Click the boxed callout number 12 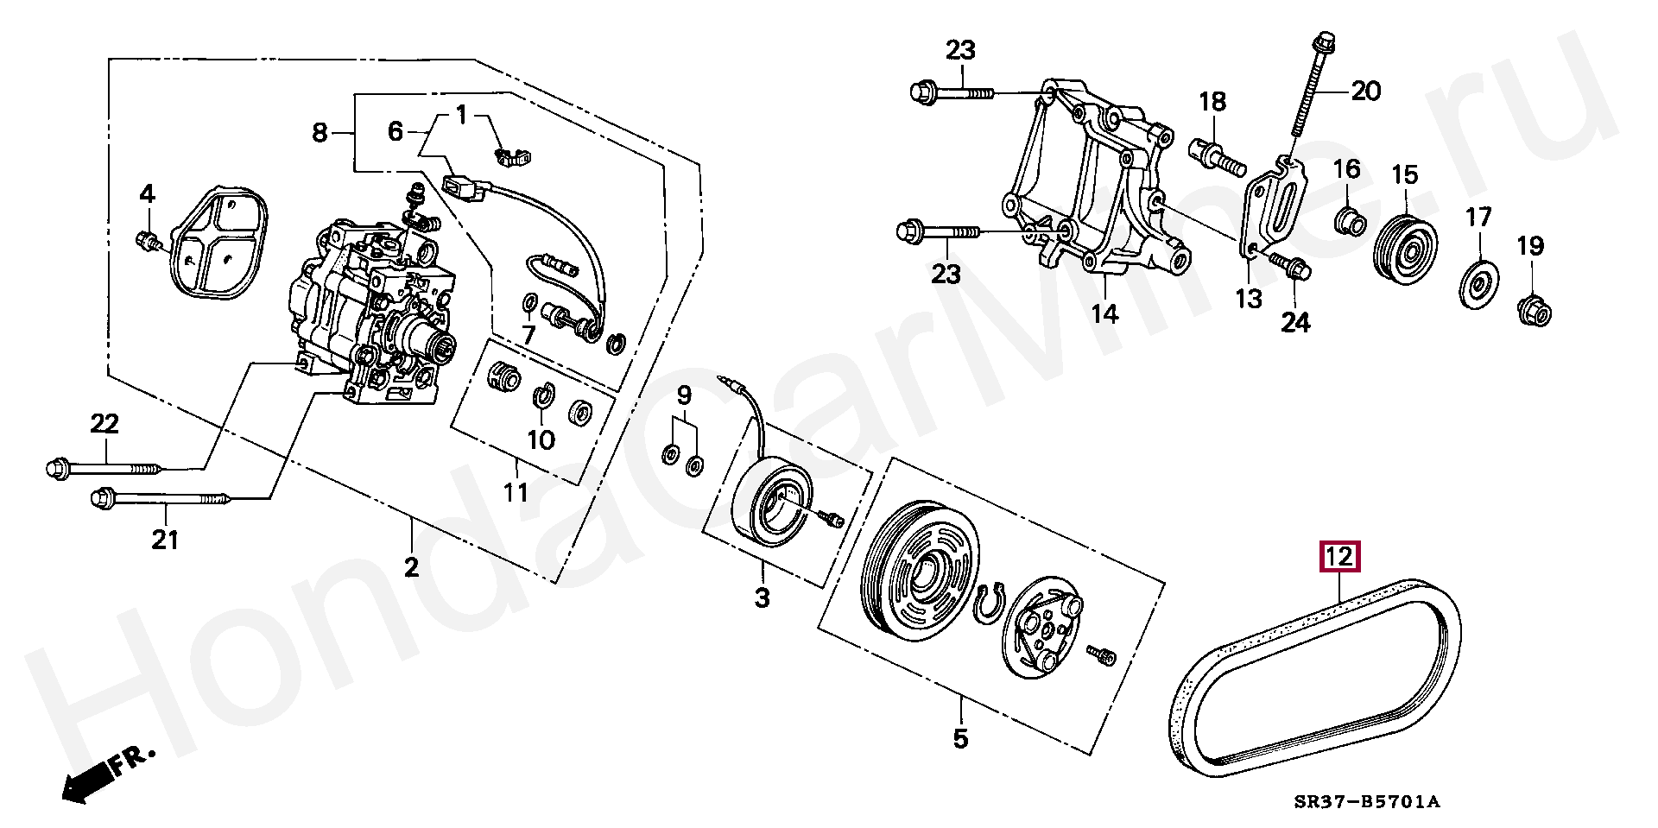[1338, 558]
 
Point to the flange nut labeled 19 [1534, 308]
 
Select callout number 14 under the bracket [1104, 313]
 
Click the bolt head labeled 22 [56, 469]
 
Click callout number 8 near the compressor [320, 133]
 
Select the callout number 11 [516, 493]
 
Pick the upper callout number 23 [959, 51]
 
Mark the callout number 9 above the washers [683, 396]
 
